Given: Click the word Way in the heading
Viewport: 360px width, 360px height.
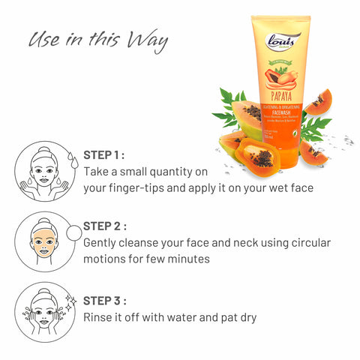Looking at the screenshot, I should pos(146,39).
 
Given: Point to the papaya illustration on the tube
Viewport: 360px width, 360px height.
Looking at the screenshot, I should pos(280,78).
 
